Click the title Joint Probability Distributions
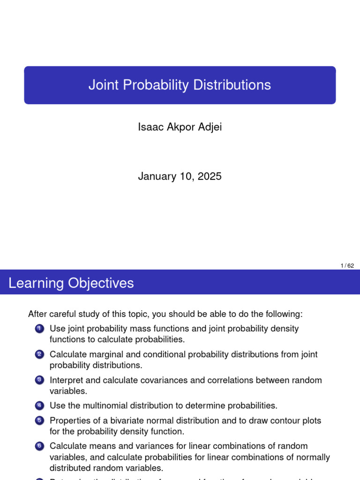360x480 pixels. pos(180,85)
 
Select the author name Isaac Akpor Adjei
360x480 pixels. pos(180,127)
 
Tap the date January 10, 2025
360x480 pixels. pos(180,176)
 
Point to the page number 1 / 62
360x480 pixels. pos(347,266)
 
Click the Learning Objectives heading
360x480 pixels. pos(71,283)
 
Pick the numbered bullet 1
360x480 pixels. pos(39,329)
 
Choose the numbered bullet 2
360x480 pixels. pos(39,355)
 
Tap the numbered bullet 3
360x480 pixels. pos(39,380)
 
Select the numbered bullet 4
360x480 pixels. pos(39,405)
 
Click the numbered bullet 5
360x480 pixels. pos(39,421)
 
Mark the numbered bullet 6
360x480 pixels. pos(39,446)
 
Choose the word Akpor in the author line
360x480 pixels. pos(177,127)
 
